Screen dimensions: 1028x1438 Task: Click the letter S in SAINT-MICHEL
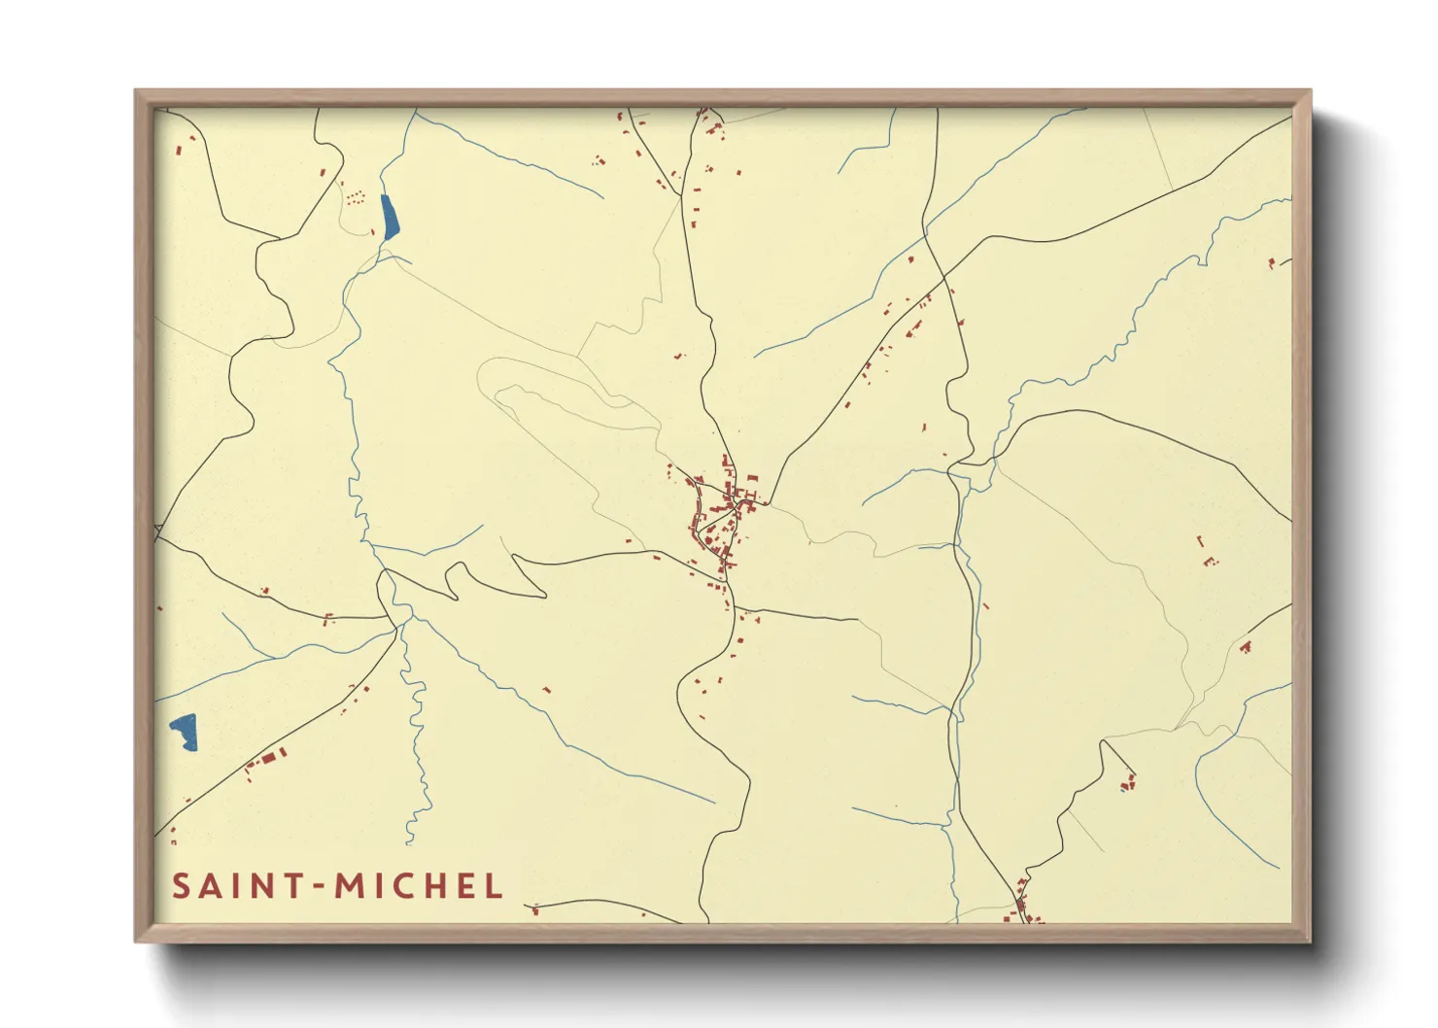(x=182, y=886)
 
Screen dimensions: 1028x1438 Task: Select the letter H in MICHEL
(x=426, y=886)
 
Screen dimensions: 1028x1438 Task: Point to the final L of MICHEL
(x=495, y=886)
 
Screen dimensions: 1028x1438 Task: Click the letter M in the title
(x=349, y=886)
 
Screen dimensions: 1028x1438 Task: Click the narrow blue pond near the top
(x=390, y=217)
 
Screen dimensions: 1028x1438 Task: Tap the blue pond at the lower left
(x=184, y=731)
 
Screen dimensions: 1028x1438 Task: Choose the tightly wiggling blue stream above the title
(x=418, y=738)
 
